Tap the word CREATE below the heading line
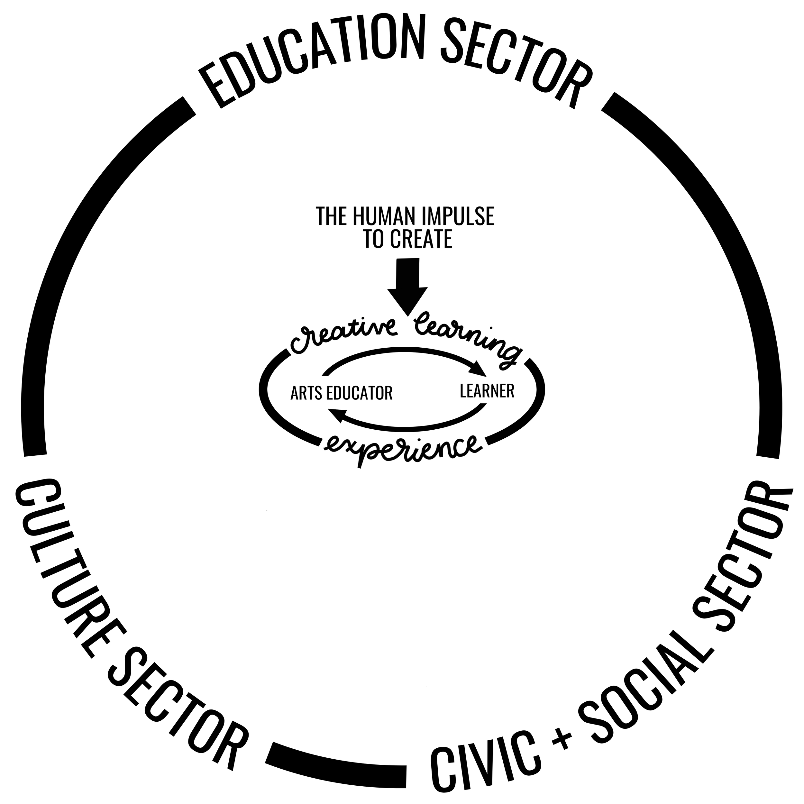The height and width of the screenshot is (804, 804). [421, 239]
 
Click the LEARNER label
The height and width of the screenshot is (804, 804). [487, 391]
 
